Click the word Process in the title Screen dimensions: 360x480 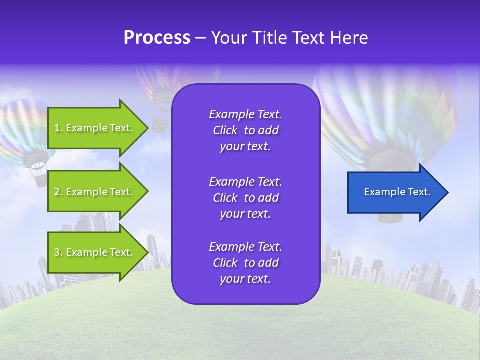click(x=157, y=38)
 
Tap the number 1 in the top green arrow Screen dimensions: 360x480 click(x=57, y=128)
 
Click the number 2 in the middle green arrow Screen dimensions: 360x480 click(x=57, y=192)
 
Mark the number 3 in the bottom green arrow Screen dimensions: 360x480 click(x=57, y=252)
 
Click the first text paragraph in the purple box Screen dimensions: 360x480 click(x=245, y=130)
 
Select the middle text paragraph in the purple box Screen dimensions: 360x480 click(x=245, y=198)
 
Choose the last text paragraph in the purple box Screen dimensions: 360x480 click(x=245, y=263)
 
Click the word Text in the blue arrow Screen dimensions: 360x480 click(x=419, y=192)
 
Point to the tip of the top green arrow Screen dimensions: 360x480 click(x=148, y=128)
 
